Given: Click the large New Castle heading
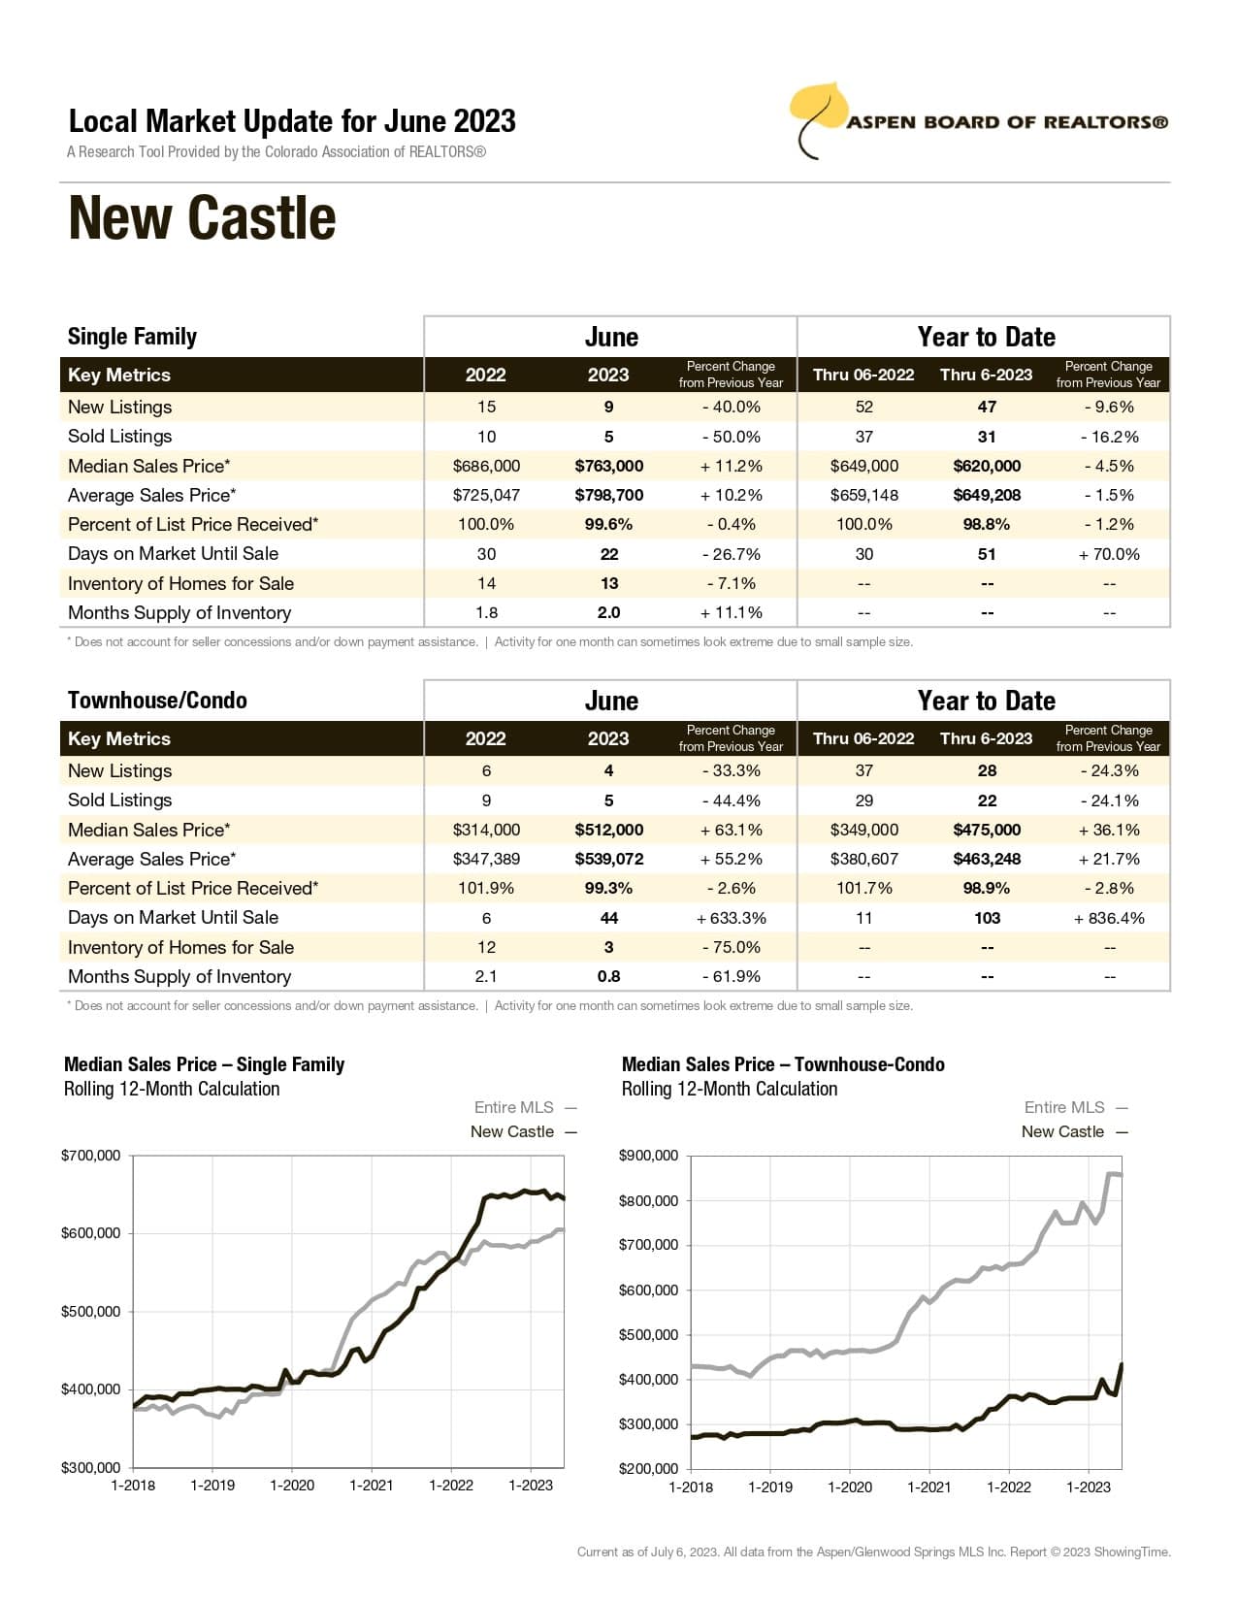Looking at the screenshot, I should click(x=202, y=218).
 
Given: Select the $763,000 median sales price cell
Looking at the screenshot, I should click(x=608, y=466).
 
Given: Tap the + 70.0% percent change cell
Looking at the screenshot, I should click(x=1108, y=554).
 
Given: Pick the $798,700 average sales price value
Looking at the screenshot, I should click(x=608, y=495).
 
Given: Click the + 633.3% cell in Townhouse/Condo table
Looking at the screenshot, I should click(x=731, y=918).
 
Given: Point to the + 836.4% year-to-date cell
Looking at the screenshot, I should click(x=1108, y=918).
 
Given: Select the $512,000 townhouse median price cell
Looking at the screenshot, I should click(x=608, y=830).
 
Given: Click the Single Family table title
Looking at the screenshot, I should click(x=132, y=337).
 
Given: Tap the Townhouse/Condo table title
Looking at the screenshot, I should click(x=157, y=701).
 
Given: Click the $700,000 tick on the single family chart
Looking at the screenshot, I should click(x=91, y=1156).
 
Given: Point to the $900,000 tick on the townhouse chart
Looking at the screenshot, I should click(x=649, y=1156).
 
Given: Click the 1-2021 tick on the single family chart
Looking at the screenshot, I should click(x=372, y=1486).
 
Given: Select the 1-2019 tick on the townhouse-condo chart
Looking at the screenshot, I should click(x=770, y=1487).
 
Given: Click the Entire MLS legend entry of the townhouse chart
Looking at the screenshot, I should click(x=1064, y=1107).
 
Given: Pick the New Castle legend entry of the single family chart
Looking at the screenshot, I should click(x=512, y=1131).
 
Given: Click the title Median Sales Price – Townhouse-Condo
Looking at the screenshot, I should click(x=783, y=1064).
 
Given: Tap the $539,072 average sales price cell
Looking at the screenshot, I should click(x=608, y=859).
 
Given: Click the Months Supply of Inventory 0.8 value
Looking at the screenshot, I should click(x=608, y=976).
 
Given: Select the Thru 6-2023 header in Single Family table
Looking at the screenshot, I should click(x=986, y=375).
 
